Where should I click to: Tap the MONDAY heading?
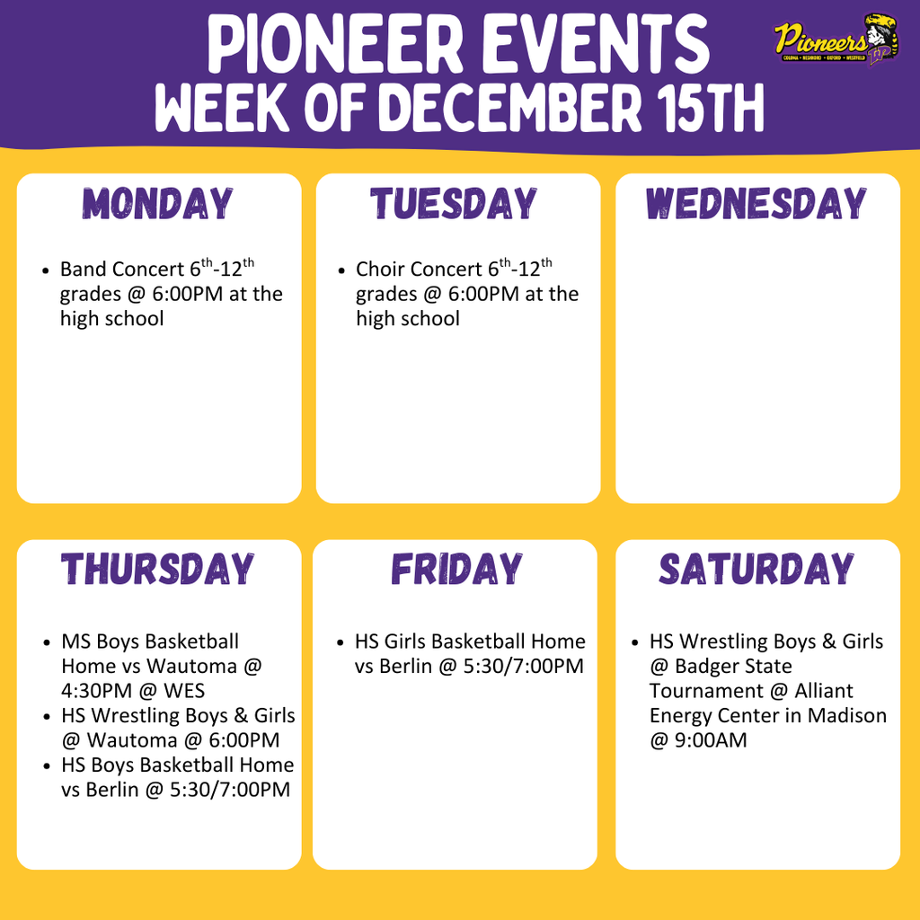158,204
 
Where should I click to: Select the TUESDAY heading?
455,204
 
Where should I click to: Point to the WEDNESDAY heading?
756,204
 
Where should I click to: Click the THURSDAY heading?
158,570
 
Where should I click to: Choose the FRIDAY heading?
456,570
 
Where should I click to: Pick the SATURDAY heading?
756,570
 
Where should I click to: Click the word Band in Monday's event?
82,270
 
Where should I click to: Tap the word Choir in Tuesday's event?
380,270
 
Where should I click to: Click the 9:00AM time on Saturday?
711,740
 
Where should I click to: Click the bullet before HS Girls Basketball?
341,642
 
